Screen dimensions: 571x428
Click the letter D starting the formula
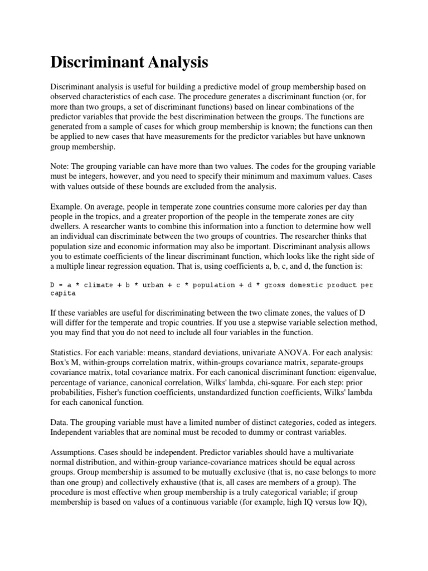click(53, 285)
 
